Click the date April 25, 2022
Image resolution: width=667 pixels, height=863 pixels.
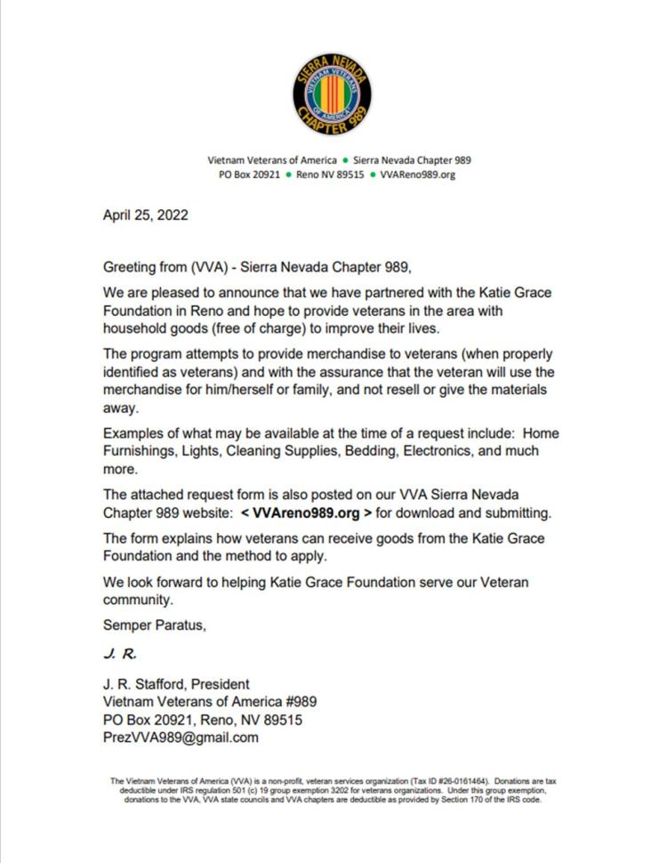click(145, 215)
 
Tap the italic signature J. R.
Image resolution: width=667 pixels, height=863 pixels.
click(119, 655)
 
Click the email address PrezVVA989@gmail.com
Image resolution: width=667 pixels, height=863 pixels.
click(181, 738)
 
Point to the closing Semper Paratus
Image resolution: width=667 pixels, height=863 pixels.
click(154, 625)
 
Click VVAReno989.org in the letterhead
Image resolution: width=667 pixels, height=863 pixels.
click(417, 175)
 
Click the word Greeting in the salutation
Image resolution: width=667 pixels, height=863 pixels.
click(130, 267)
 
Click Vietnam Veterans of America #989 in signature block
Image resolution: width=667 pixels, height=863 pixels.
click(209, 702)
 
